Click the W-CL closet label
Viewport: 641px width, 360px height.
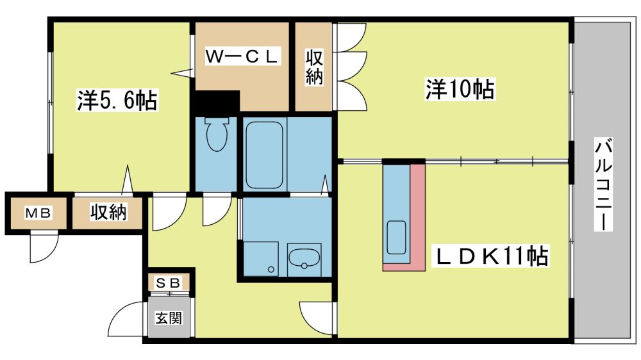[242, 56]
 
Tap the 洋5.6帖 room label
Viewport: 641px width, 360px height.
[117, 99]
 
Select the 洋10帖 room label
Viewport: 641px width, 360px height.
[460, 88]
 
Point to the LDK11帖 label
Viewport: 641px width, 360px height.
[492, 256]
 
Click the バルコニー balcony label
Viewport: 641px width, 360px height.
[603, 184]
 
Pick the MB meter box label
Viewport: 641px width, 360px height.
[38, 213]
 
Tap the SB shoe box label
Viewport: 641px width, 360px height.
[169, 282]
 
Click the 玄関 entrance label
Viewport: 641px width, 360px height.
[169, 318]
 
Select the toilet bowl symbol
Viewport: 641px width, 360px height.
[216, 135]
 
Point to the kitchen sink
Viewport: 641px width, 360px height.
[396, 238]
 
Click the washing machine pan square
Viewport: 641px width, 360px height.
[260, 259]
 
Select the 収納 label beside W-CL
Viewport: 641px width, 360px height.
[314, 67]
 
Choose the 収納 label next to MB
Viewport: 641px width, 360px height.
[108, 211]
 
